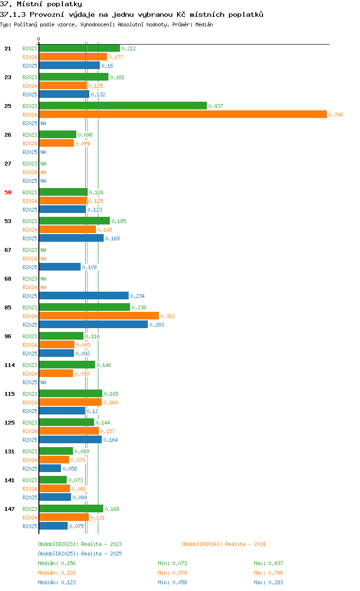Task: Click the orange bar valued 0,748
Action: tap(183, 114)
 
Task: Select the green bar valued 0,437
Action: tap(123, 106)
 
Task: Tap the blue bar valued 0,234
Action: tap(84, 295)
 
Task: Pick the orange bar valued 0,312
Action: tap(99, 316)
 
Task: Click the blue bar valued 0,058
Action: tap(50, 468)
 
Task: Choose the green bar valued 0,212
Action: tap(80, 48)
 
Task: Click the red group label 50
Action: tap(8, 192)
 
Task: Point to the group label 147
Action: tap(10, 509)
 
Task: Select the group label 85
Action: tap(8, 307)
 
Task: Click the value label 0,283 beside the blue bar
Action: tap(157, 325)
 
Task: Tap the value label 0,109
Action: tap(89, 267)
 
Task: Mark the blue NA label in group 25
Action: tap(43, 123)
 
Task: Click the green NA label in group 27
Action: tap(43, 164)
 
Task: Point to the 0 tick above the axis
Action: tap(38, 39)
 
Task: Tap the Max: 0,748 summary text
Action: tap(268, 573)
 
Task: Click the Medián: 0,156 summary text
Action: tap(57, 563)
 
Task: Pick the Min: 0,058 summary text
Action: tap(172, 582)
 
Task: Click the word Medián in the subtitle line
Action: tap(204, 24)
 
